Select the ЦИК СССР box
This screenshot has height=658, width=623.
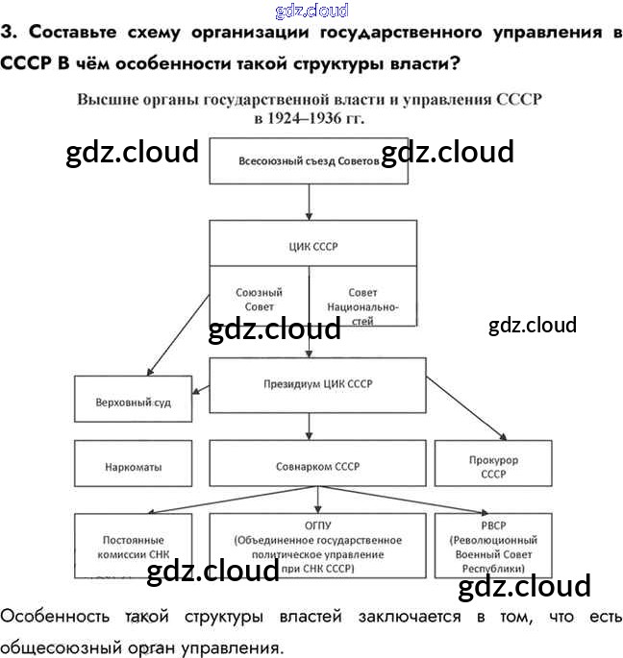click(313, 246)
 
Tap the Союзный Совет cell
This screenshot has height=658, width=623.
click(259, 299)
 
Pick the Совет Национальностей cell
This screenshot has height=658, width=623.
click(362, 305)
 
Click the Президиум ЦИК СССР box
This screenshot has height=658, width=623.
click(317, 384)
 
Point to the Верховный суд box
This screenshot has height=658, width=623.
click(134, 402)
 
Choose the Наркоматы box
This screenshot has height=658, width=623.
click(134, 467)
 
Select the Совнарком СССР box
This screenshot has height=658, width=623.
click(317, 467)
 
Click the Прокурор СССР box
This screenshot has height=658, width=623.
click(493, 467)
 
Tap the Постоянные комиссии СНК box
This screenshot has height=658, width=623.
click(134, 548)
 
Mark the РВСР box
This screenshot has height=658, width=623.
click(493, 548)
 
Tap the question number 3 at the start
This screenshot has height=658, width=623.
click(8, 32)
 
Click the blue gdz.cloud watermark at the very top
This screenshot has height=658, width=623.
click(311, 11)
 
